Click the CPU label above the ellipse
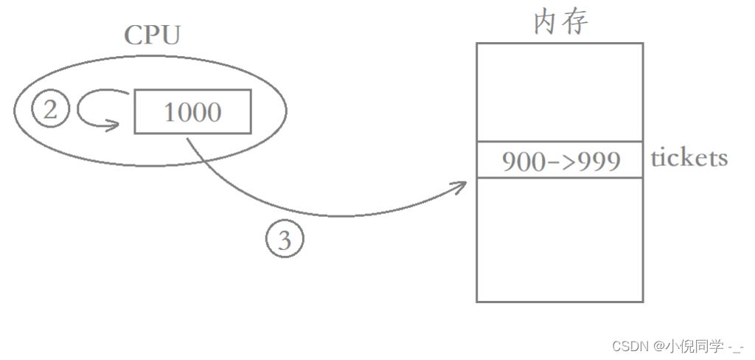pyautogui.click(x=152, y=35)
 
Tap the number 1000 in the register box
pyautogui.click(x=192, y=112)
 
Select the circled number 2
pyautogui.click(x=50, y=111)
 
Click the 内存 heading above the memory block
pyautogui.click(x=560, y=22)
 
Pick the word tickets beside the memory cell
pyautogui.click(x=689, y=158)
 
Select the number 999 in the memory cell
pyautogui.click(x=599, y=161)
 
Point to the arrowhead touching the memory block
pyautogui.click(x=462, y=184)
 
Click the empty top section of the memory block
pyautogui.click(x=559, y=91)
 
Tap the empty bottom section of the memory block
pyautogui.click(x=559, y=239)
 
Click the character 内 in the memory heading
pyautogui.click(x=546, y=22)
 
